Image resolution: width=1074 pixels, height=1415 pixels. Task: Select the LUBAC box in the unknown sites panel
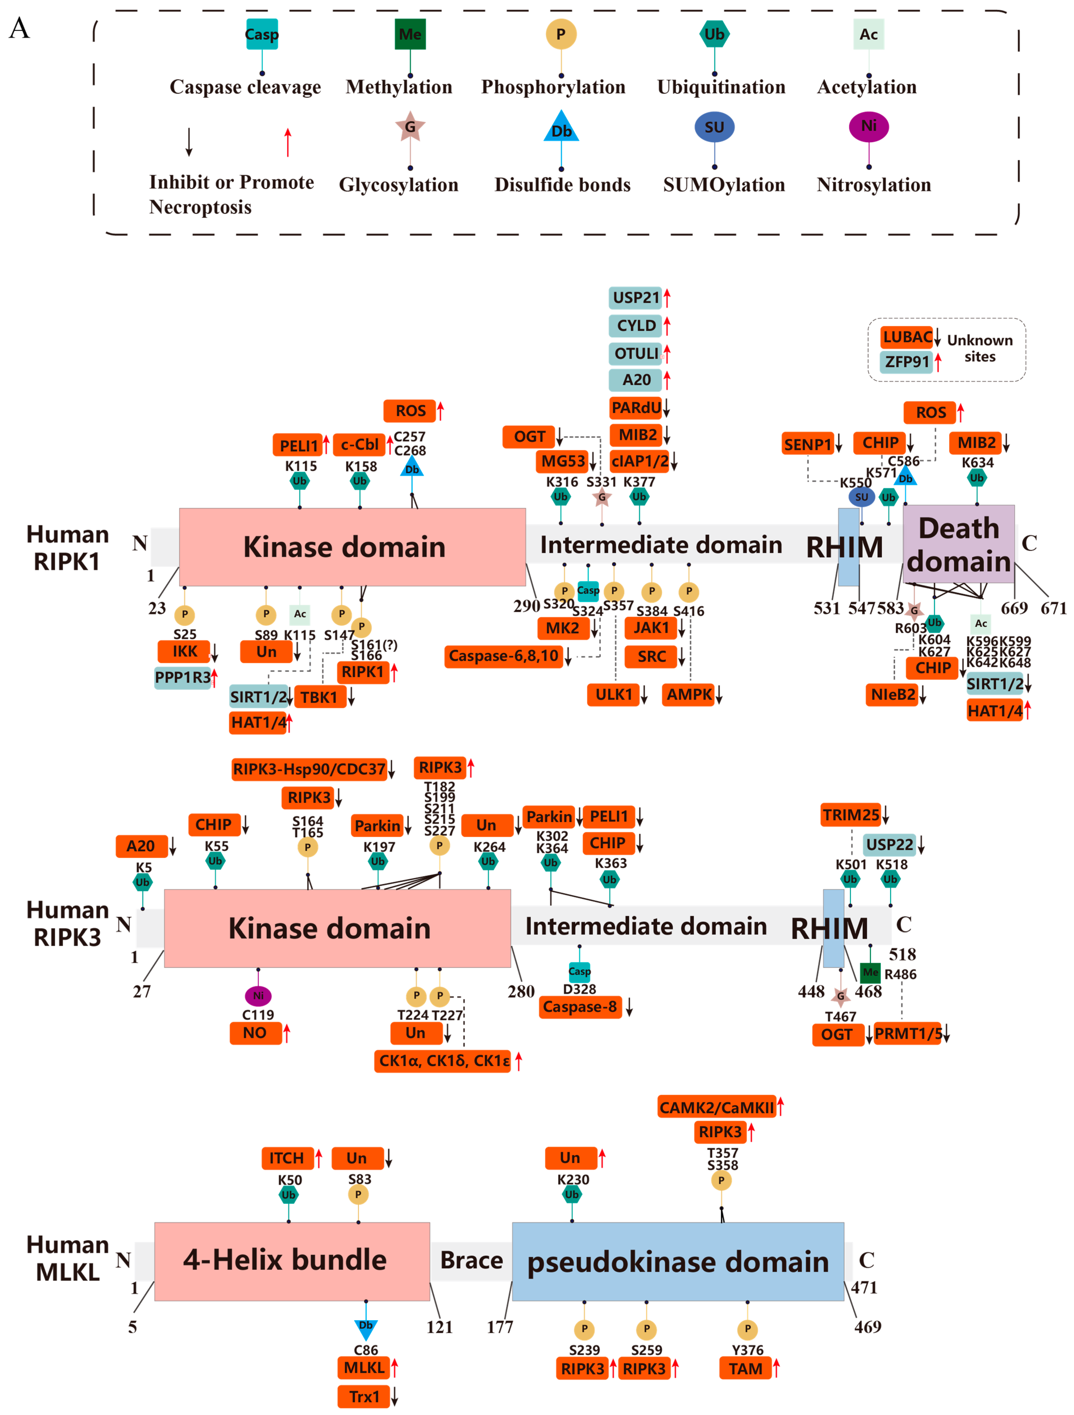tap(906, 337)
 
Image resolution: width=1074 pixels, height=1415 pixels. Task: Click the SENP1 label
tap(807, 444)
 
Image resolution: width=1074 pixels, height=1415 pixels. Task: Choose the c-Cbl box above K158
tap(359, 445)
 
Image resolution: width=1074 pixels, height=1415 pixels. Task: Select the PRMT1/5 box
tap(907, 1034)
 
